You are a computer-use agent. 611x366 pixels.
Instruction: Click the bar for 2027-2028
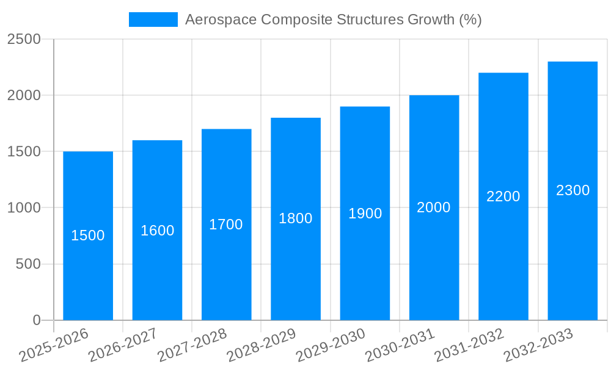tap(226, 268)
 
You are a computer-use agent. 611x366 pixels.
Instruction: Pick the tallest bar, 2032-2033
tap(573, 256)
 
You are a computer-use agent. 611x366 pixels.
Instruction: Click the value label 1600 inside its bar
tap(158, 231)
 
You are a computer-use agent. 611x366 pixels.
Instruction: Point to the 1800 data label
tap(296, 218)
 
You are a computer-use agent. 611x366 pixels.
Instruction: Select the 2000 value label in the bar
tap(434, 207)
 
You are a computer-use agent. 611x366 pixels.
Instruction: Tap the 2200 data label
tap(503, 196)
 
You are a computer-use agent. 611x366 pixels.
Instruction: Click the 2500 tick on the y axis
tap(24, 39)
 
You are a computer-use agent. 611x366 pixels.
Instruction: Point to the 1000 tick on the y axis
tap(24, 208)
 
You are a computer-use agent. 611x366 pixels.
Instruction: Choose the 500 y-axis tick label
tap(28, 264)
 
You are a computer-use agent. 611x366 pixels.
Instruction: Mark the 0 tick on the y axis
tap(36, 320)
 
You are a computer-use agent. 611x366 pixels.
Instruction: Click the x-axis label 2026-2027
tap(122, 345)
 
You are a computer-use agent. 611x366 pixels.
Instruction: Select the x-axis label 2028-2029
tap(261, 345)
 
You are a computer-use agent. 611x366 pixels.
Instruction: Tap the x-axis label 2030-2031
tap(400, 345)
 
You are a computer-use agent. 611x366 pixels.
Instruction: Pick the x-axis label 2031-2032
tap(469, 345)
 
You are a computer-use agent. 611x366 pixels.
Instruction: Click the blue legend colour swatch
tap(153, 20)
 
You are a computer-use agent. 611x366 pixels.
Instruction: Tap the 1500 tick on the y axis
tap(24, 152)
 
